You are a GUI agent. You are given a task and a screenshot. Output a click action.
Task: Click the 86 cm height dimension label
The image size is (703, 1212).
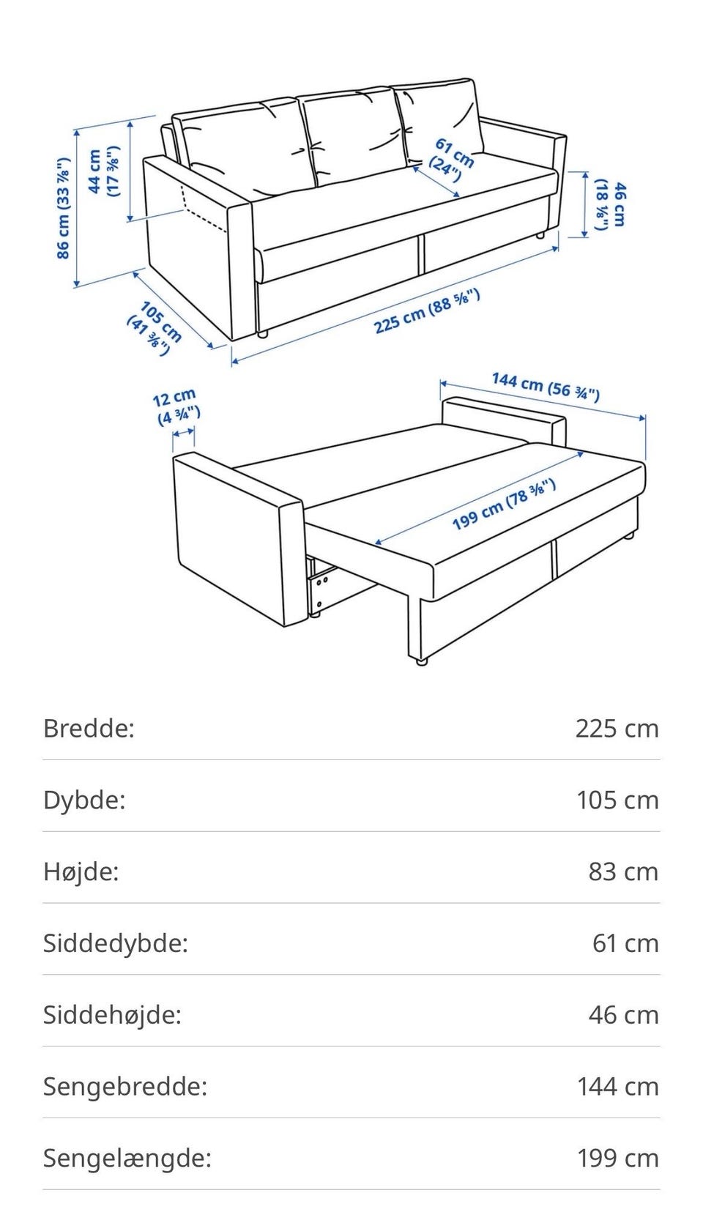coord(64,208)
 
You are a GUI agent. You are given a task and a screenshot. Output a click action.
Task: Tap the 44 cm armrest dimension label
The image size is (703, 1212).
coord(103,171)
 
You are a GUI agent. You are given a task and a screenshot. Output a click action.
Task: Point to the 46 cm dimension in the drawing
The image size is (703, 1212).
coord(611,205)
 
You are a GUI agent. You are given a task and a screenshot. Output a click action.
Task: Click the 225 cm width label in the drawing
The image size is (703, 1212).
coord(427,312)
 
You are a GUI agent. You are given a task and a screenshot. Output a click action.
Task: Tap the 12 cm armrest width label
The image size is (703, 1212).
coord(176,406)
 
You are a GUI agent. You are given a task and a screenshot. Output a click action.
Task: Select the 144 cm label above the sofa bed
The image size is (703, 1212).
coord(546,387)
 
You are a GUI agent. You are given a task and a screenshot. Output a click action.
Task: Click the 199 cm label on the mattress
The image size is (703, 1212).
coord(504,505)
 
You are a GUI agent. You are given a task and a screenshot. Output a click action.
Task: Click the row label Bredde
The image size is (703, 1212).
coord(89,728)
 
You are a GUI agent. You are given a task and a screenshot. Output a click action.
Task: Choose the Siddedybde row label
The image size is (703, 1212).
coord(115,943)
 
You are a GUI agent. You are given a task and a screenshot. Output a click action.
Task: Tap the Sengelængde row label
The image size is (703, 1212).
coord(127,1159)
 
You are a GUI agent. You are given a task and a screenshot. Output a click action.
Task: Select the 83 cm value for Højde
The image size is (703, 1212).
coord(623,871)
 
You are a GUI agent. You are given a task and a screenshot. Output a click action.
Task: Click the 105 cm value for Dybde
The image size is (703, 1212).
coord(617,800)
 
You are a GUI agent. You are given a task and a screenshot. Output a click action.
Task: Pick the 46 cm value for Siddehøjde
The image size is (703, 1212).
coord(623,1015)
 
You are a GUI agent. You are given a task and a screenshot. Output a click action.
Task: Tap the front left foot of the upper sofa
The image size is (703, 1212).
coord(262,335)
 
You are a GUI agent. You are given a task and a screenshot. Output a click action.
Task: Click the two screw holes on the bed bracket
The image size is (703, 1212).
coord(322,581)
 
